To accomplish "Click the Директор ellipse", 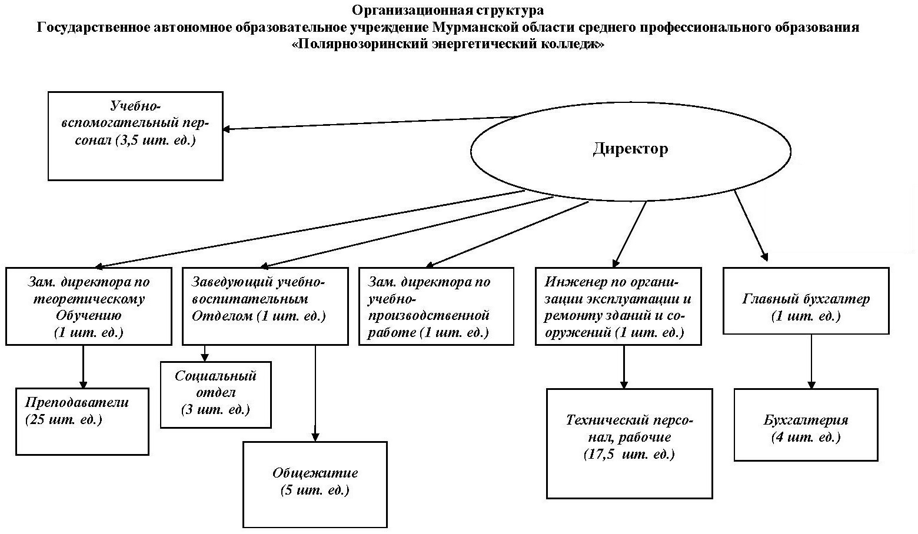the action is pyautogui.click(x=630, y=151).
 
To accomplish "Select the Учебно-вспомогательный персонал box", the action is pyautogui.click(x=135, y=136).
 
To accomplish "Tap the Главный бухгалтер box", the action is pyautogui.click(x=806, y=301).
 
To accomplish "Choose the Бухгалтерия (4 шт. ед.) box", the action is pyautogui.click(x=806, y=425).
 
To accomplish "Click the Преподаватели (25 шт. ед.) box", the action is pyautogui.click(x=82, y=422).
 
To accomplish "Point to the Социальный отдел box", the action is pyautogui.click(x=215, y=395).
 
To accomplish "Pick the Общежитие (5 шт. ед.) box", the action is pyautogui.click(x=315, y=485).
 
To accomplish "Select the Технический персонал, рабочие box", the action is pyautogui.click(x=630, y=443).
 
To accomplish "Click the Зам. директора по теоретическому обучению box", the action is pyautogui.click(x=88, y=306).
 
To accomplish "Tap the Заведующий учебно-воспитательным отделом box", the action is pyautogui.click(x=265, y=306).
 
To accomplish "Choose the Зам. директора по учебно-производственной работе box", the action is pyautogui.click(x=436, y=306).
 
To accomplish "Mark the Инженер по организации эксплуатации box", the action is pyautogui.click(x=618, y=306).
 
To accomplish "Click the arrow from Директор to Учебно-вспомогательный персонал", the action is pyautogui.click(x=369, y=124).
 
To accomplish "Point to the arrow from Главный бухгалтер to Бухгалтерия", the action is pyautogui.click(x=811, y=362).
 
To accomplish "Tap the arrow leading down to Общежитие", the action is pyautogui.click(x=315, y=393).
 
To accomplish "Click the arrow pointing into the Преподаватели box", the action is pyautogui.click(x=83, y=367).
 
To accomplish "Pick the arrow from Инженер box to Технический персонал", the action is pyautogui.click(x=624, y=367).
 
